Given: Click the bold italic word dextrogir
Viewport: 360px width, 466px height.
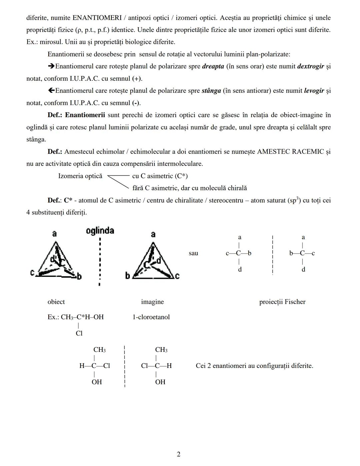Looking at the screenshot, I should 310,66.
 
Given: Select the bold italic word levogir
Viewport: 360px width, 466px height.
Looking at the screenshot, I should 314,90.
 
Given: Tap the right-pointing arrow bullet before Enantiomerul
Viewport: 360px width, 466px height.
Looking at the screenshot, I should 51,66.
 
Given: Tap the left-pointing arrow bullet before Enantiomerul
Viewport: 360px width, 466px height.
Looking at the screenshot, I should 51,90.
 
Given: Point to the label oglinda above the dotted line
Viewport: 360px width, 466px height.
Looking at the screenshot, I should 100,230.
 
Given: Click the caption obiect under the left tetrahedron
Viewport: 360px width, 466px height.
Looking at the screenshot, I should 56,302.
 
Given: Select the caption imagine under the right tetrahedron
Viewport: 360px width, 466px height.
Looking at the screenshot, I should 152,302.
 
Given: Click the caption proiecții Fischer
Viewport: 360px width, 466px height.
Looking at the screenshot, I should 282,302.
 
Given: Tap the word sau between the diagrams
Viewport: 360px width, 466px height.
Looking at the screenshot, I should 193,253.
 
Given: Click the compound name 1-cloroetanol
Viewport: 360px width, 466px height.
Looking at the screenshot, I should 151,317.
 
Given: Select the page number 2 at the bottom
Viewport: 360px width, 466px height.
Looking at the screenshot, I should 179,454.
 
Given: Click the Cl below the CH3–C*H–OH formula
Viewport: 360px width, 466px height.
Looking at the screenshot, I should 79,333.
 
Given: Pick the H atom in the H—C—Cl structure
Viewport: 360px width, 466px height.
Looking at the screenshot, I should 82,366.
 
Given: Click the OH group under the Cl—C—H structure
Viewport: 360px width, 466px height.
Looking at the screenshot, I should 160,382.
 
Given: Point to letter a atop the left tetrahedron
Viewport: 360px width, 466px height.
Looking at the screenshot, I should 54,234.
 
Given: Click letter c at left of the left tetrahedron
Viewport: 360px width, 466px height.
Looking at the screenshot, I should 32,273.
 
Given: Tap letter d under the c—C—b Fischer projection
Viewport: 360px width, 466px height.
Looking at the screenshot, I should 240,269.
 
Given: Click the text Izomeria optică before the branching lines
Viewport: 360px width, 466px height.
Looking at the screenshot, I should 80,176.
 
